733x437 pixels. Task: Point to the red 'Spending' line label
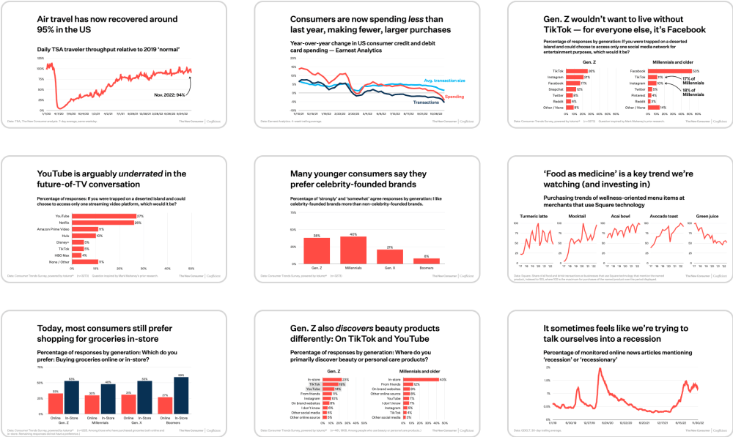(455, 97)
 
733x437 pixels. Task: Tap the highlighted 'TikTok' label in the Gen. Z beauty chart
(314, 384)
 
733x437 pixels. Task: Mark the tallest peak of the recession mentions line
(599, 369)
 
